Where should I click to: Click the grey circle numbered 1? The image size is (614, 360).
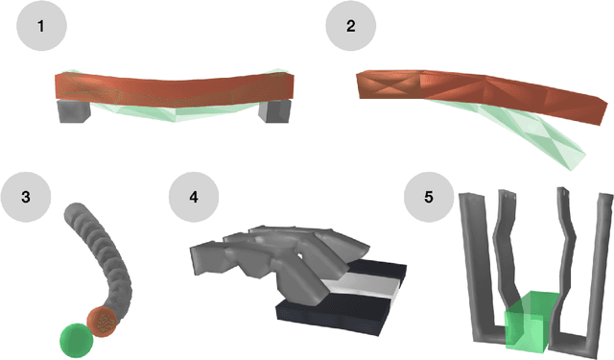pyautogui.click(x=41, y=26)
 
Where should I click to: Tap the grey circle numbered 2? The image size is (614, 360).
pyautogui.click(x=351, y=26)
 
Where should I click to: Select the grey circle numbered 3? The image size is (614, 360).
pyautogui.click(x=26, y=197)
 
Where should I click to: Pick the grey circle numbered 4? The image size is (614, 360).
pyautogui.click(x=194, y=197)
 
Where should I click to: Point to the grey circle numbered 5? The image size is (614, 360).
pyautogui.click(x=429, y=197)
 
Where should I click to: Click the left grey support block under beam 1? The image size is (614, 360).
pyautogui.click(x=74, y=111)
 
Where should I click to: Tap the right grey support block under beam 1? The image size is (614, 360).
pyautogui.click(x=274, y=111)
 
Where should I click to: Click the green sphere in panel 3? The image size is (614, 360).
pyautogui.click(x=77, y=340)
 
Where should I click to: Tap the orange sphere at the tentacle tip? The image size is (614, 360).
pyautogui.click(x=102, y=322)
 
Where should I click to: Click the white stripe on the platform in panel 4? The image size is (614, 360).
pyautogui.click(x=361, y=291)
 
